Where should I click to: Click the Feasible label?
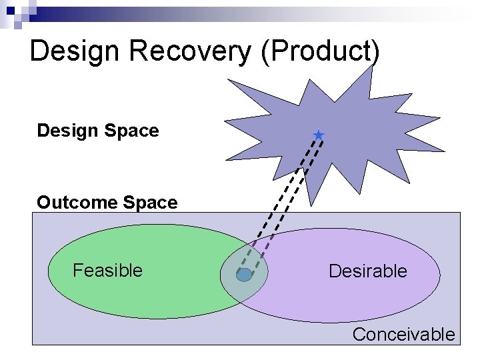(x=107, y=270)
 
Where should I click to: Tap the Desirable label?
(x=367, y=271)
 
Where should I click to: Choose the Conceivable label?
(x=403, y=334)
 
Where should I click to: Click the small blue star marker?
(x=319, y=135)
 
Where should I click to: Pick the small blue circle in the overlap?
(x=244, y=275)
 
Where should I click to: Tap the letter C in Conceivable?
(x=359, y=334)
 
